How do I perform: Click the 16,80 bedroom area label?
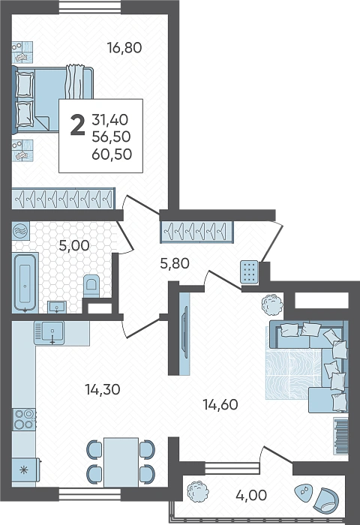[124, 48]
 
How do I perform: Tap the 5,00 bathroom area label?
[74, 245]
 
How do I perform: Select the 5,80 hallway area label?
[175, 263]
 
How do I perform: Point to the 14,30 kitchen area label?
[103, 389]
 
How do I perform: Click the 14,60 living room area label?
[220, 404]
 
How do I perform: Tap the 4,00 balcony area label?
[251, 495]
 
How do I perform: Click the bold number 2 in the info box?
[78, 125]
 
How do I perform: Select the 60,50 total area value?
[112, 154]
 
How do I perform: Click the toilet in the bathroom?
[91, 286]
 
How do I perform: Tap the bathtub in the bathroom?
[25, 282]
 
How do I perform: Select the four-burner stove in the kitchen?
[24, 419]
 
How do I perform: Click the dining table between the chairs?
[121, 462]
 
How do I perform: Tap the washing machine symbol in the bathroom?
[21, 231]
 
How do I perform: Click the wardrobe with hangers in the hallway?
[197, 231]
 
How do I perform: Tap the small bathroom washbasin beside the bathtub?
[57, 307]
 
